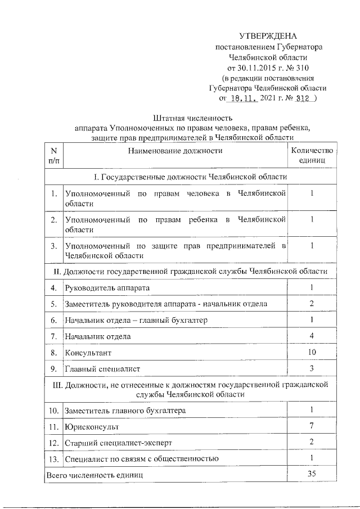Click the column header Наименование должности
(x=175, y=151)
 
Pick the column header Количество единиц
(x=311, y=155)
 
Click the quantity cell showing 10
(x=311, y=352)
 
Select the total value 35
(x=311, y=474)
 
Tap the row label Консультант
(x=88, y=353)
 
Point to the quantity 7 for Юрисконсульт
(x=311, y=426)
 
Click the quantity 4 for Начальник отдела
(x=311, y=336)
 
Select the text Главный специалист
(x=102, y=369)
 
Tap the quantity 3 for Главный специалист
(x=311, y=368)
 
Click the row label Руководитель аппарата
(x=107, y=287)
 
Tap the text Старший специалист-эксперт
(x=119, y=443)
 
